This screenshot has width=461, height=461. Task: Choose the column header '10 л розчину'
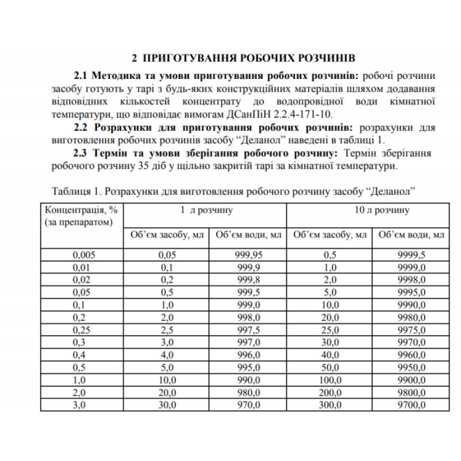(381, 210)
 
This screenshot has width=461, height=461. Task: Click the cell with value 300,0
(330, 405)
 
